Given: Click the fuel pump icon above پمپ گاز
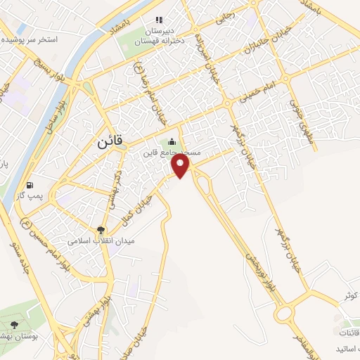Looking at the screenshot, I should [x=30, y=184].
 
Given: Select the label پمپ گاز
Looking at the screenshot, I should [x=30, y=196].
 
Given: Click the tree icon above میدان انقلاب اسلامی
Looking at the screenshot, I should [x=101, y=229].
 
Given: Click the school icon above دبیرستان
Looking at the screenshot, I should [x=159, y=20].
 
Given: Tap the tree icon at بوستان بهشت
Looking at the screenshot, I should [x=14, y=324].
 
